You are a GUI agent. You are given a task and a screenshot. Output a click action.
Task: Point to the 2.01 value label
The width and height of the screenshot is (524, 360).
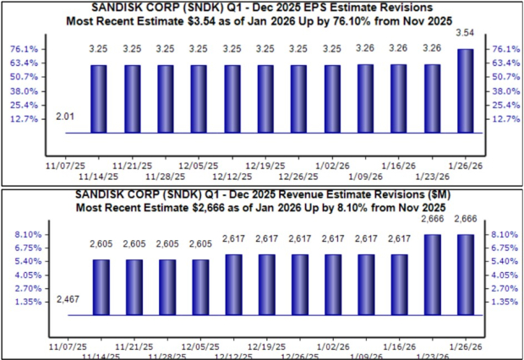click(x=64, y=116)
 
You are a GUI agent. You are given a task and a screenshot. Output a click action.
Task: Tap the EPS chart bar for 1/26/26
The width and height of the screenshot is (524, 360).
click(x=465, y=90)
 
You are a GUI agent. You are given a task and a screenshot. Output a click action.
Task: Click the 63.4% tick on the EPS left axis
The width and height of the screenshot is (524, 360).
click(x=25, y=63)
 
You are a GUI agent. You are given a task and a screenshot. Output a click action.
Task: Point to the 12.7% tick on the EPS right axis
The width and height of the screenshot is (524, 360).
click(x=503, y=119)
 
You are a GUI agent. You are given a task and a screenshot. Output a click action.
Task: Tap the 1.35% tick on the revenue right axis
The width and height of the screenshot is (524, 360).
click(x=503, y=302)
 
